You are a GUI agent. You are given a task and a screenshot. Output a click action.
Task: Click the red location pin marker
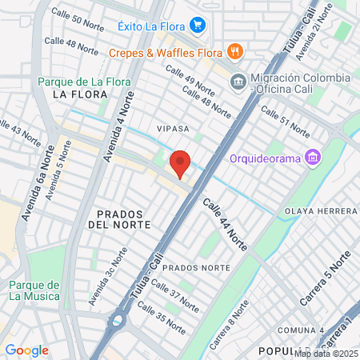pos(181,164)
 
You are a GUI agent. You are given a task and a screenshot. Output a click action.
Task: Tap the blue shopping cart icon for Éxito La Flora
pos(198,26)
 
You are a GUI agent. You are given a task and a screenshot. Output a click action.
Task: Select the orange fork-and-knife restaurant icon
pos(234,52)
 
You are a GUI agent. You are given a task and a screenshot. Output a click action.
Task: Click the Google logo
pos(26,350)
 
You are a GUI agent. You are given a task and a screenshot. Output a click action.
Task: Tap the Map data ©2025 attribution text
pos(326,354)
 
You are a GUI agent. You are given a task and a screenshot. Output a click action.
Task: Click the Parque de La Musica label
pos(34,290)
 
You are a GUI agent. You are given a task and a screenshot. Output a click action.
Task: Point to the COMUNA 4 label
pos(300,330)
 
